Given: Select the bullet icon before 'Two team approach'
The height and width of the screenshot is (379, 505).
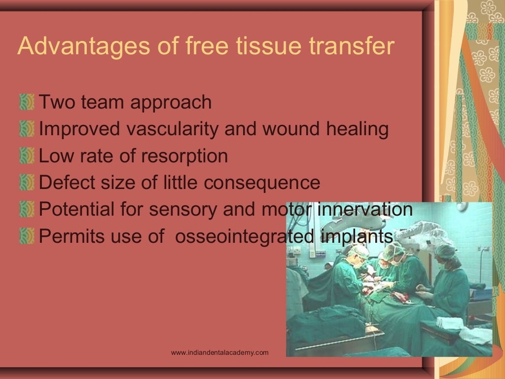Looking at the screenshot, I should [27, 103].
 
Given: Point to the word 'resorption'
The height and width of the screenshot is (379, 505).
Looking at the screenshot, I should [184, 156].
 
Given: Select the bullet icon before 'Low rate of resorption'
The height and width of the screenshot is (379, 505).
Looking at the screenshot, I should [27, 156].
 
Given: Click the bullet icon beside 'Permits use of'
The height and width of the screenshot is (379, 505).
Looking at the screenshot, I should [27, 236].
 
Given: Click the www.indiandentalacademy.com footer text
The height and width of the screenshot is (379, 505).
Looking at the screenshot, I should [219, 352].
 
